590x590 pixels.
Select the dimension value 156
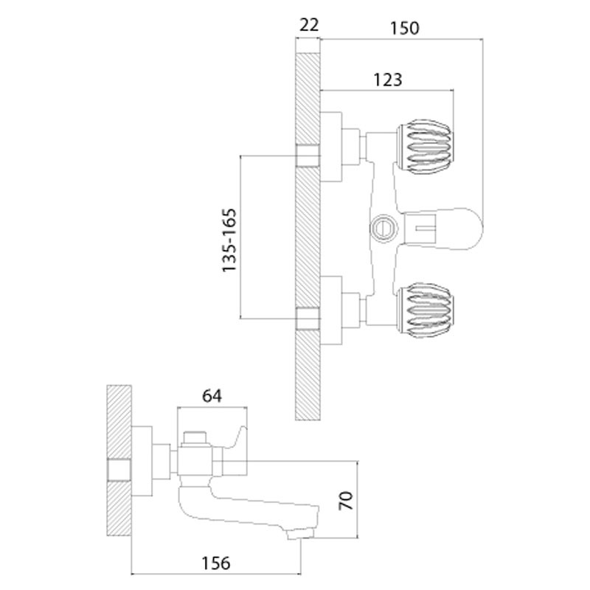click(215, 563)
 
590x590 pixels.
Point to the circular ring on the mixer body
click(383, 226)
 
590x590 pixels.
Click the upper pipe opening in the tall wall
click(308, 155)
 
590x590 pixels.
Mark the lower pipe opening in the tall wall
click(308, 319)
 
